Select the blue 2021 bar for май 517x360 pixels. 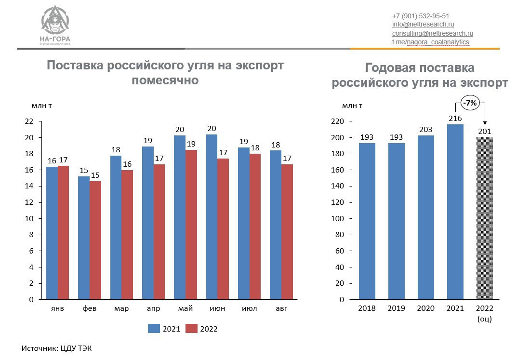coord(179,217)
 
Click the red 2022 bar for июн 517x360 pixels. coord(223,229)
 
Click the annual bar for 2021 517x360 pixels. coord(455,212)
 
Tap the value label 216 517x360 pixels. coord(455,119)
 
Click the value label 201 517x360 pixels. coord(484,132)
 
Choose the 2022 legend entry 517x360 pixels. coord(203,329)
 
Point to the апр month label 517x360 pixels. coord(153,308)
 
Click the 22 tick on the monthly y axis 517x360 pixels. coord(29,122)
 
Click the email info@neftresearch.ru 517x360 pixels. coord(424,24)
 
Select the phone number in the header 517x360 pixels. coord(421,15)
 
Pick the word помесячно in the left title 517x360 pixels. coord(165,80)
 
